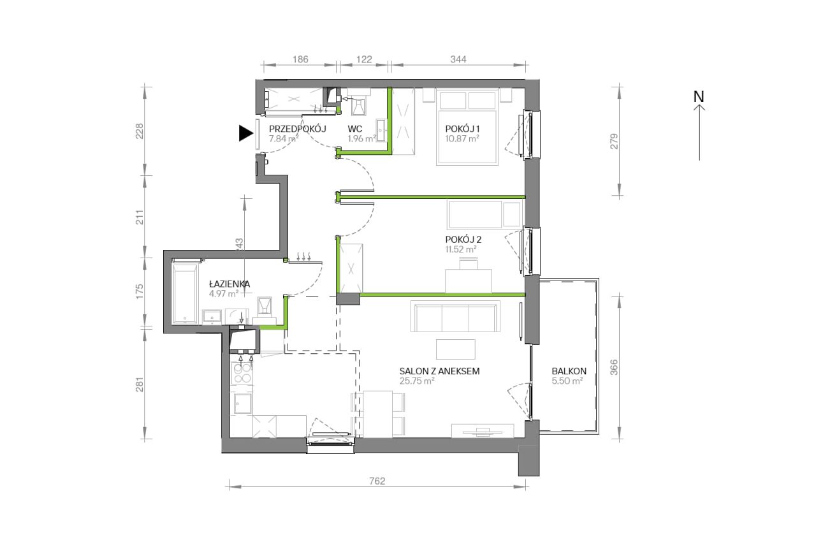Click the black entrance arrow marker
pyautogui.click(x=245, y=133)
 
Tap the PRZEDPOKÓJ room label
pyautogui.click(x=297, y=129)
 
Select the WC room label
pyautogui.click(x=355, y=129)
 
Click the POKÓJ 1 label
pyautogui.click(x=462, y=129)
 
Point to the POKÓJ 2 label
pyautogui.click(x=463, y=239)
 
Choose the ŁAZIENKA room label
pyautogui.click(x=229, y=284)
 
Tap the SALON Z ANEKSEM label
pyautogui.click(x=439, y=371)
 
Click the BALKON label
pyautogui.click(x=569, y=371)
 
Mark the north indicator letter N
pyautogui.click(x=699, y=97)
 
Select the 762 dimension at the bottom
pyautogui.click(x=377, y=481)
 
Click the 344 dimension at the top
pyautogui.click(x=458, y=59)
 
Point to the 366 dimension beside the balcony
pyautogui.click(x=614, y=368)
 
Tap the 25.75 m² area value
pyautogui.click(x=417, y=381)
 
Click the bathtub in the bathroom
pyautogui.click(x=185, y=294)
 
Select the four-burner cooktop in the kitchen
pyautogui.click(x=242, y=374)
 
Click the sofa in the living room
pyautogui.click(x=455, y=316)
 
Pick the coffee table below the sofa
pyautogui.click(x=456, y=349)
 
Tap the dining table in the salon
pyautogui.click(x=378, y=414)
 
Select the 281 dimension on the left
pyautogui.click(x=140, y=384)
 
